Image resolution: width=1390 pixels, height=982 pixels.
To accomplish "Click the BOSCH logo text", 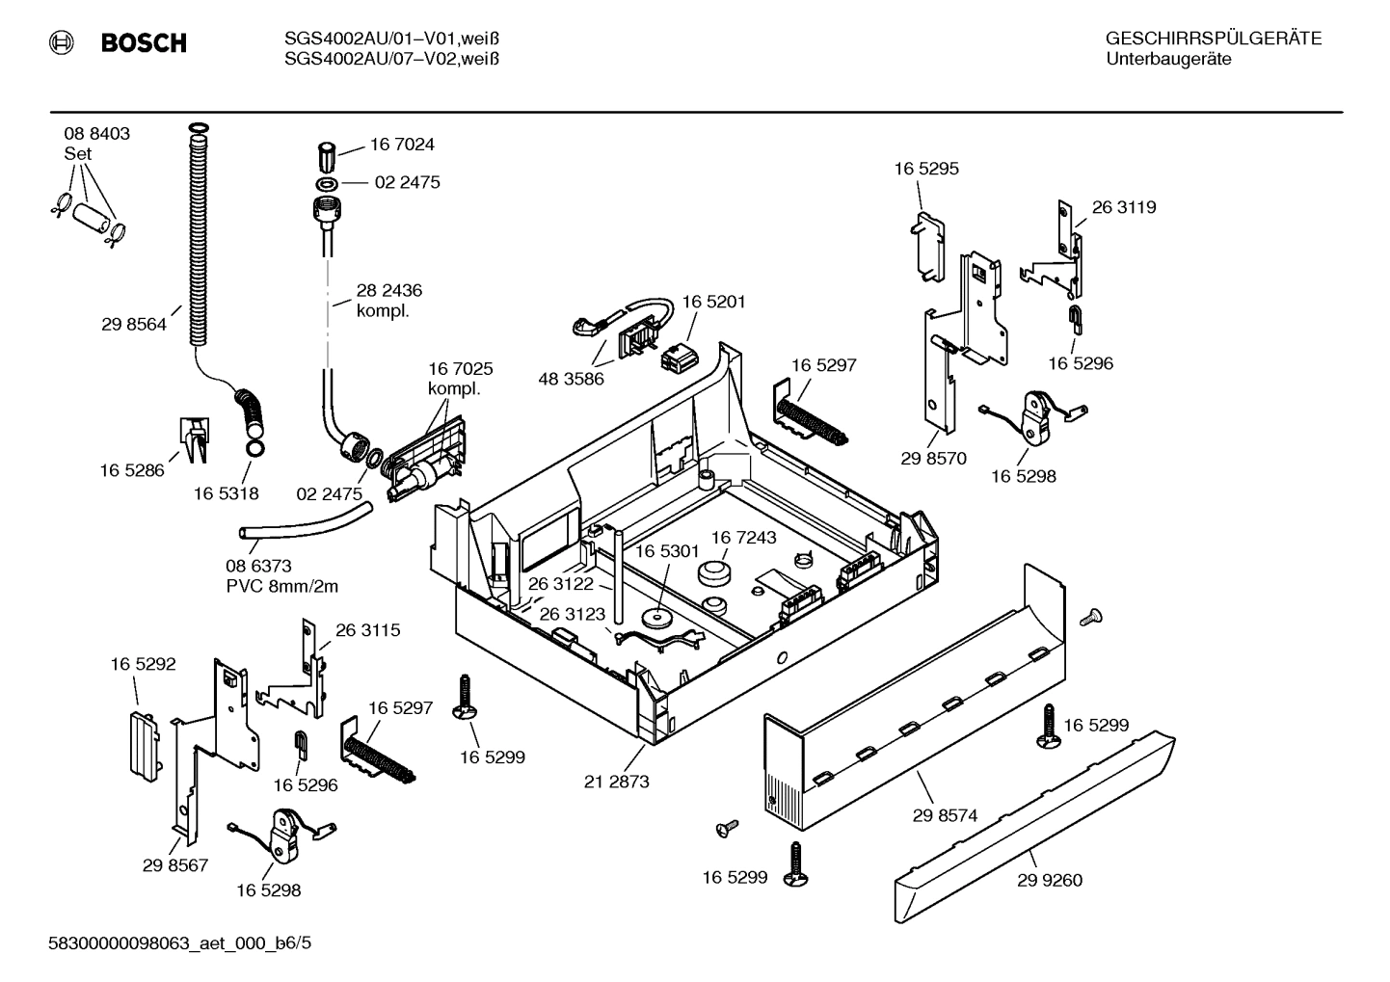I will point(144,43).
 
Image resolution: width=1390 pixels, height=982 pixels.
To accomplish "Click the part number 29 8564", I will point(133,325).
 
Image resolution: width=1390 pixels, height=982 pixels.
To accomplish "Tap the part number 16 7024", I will point(402,145).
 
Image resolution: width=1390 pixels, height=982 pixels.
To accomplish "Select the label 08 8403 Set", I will point(96,144).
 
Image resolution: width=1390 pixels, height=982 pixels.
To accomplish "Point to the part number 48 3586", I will point(571,379).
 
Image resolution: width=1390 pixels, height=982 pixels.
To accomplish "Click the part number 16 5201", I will point(713,302).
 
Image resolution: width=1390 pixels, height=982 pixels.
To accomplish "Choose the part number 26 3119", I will point(1123,207).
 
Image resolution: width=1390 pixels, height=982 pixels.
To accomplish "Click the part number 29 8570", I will point(933,459).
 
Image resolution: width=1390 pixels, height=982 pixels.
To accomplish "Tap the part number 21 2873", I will point(616,782).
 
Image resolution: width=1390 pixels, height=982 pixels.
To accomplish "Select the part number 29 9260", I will point(1049,880).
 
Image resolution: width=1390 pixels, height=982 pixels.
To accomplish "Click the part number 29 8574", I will point(945,815).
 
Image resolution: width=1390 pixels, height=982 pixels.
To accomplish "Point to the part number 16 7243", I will point(743,537).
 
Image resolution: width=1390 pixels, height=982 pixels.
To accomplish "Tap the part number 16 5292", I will point(143,664).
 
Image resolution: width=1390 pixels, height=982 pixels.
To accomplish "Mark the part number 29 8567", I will point(175,865).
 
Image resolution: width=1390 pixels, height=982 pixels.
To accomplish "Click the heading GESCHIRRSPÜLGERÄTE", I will point(1213,40).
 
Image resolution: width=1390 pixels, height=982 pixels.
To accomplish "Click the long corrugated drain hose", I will point(198,241).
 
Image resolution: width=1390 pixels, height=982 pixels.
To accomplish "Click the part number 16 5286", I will point(132,470).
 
